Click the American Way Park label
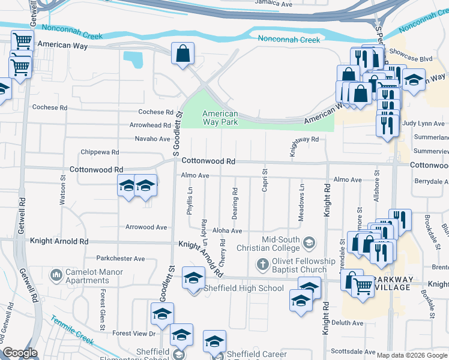tap(220, 118)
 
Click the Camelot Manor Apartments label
tap(90, 275)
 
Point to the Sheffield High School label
tap(235, 288)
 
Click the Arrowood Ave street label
tap(146, 227)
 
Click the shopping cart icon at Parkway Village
tap(362, 287)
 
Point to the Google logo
tap(20, 353)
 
